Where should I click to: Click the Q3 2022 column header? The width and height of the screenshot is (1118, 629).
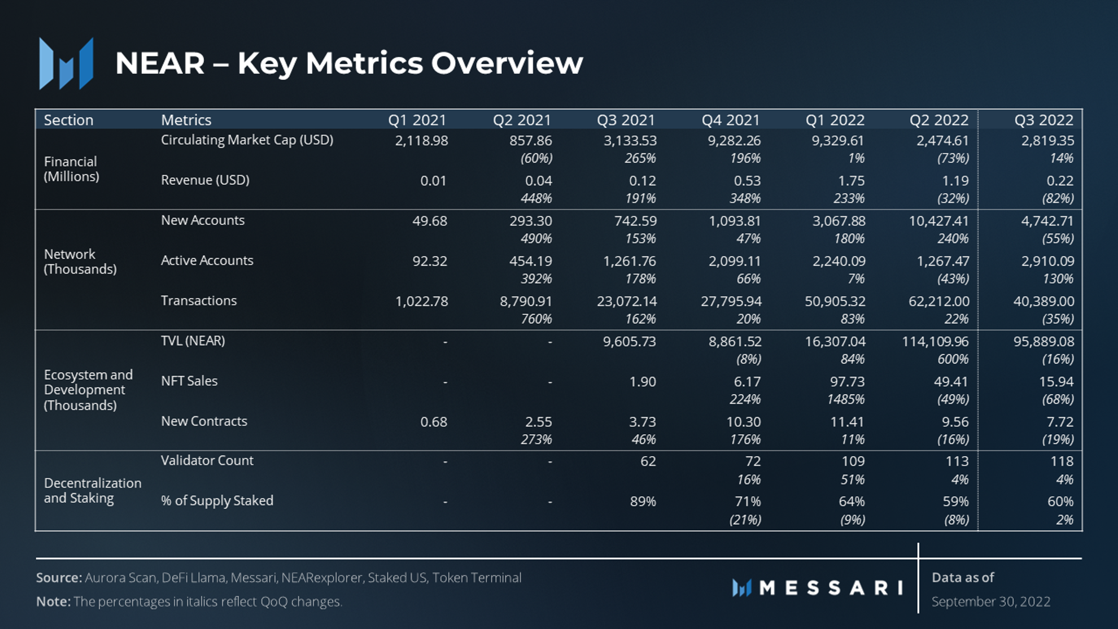1043,120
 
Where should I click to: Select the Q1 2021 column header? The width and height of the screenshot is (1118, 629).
417,120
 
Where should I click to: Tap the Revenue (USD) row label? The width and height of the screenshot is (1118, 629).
205,180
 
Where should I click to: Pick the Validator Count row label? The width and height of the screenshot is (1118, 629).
207,460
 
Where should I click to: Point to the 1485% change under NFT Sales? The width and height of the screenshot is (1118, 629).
846,399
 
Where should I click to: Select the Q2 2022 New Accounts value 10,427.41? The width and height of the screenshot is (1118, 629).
938,221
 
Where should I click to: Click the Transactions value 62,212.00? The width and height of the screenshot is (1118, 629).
938,301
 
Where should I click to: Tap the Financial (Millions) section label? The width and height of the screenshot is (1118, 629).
71,169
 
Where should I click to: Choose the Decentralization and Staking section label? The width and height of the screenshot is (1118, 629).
92,491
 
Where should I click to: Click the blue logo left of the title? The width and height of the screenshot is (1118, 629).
66,63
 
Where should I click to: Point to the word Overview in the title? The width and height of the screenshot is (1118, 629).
506,63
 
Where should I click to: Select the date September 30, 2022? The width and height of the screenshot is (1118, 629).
991,602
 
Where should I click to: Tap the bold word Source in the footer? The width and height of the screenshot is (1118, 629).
58,578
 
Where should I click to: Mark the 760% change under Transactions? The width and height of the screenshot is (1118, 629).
536,319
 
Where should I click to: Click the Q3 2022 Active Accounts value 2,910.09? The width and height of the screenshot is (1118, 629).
1047,261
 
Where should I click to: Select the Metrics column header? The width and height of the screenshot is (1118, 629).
186,120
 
